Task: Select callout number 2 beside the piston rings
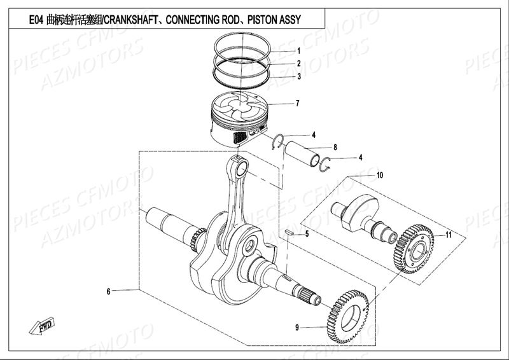click(x=298, y=64)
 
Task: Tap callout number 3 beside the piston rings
click(x=298, y=77)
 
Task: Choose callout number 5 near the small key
click(x=307, y=235)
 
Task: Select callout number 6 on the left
click(x=109, y=291)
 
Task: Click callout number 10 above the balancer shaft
click(x=380, y=175)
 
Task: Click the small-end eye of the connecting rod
click(x=242, y=169)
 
